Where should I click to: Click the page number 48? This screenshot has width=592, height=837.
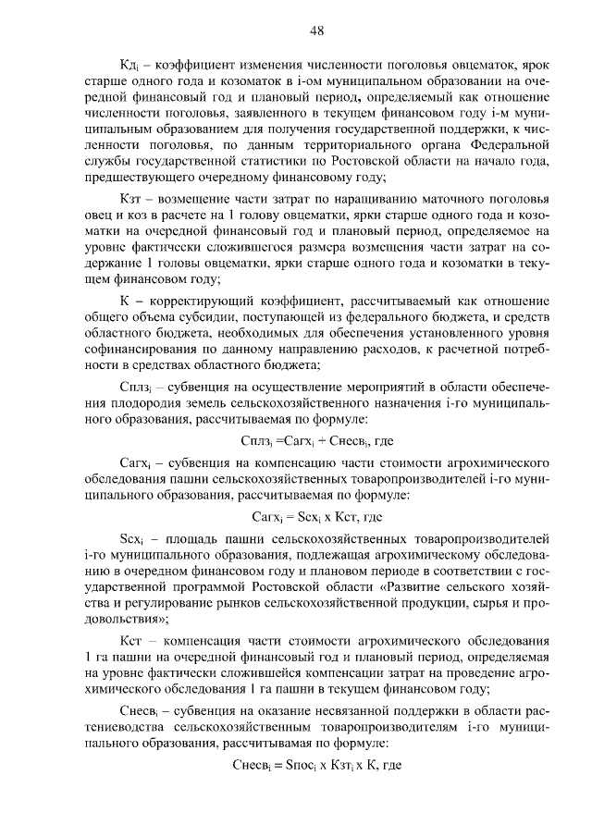click(316, 31)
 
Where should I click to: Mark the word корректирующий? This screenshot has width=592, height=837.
click(192, 302)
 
